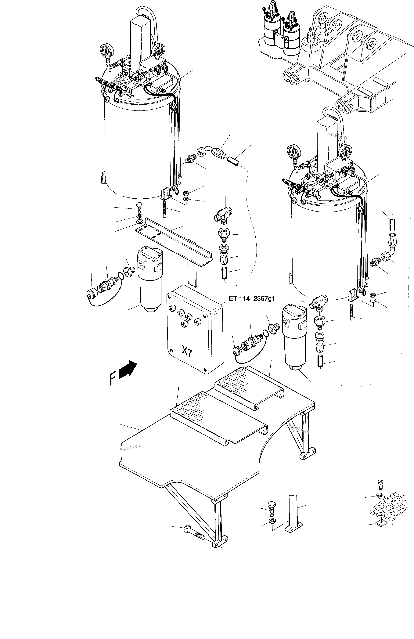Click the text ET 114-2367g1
click(252, 298)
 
